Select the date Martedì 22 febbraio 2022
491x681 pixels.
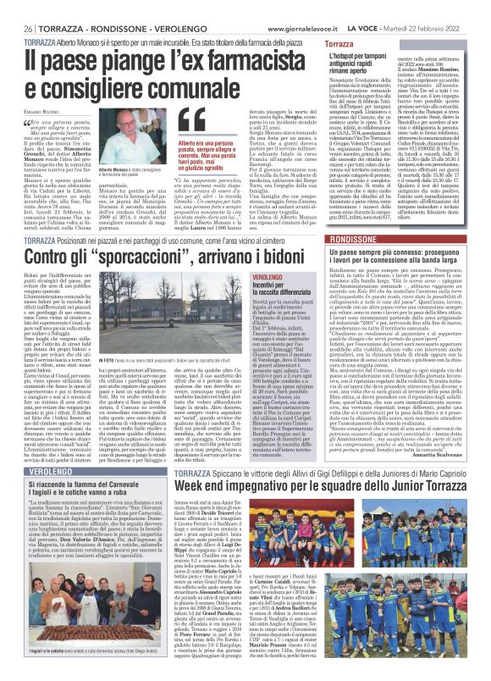click(x=445, y=7)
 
